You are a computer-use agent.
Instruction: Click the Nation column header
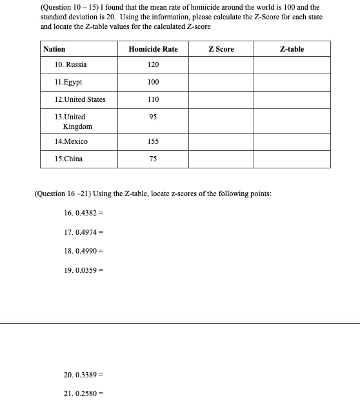pyautogui.click(x=54, y=49)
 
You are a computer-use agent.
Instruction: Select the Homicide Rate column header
pyautogui.click(x=153, y=49)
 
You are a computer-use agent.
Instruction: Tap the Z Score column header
pyautogui.click(x=221, y=49)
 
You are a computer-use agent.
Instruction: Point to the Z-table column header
pyautogui.click(x=292, y=49)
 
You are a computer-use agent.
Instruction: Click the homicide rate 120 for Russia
pyautogui.click(x=153, y=65)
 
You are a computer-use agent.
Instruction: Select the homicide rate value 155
pyautogui.click(x=153, y=141)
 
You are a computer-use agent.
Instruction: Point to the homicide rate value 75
pyautogui.click(x=153, y=159)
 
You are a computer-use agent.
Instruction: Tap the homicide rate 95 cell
pyautogui.click(x=153, y=117)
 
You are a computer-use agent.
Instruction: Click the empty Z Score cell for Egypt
pyautogui.click(x=221, y=83)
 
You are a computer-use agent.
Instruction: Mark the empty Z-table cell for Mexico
pyautogui.click(x=292, y=141)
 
